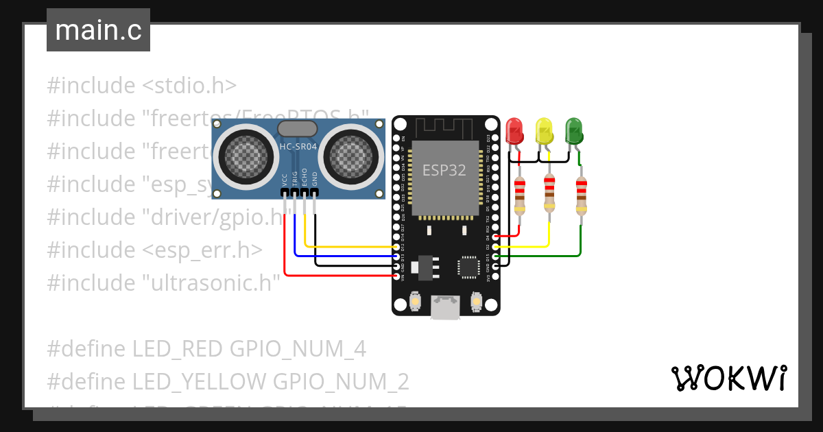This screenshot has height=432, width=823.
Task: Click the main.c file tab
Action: coord(98,31)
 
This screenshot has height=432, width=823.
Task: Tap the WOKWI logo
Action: coord(728,378)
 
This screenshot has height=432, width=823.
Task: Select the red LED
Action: coord(514,130)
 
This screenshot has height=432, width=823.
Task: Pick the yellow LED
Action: coord(544,130)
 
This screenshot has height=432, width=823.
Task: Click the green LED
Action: coord(573,130)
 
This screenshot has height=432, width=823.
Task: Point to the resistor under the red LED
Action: coord(520,194)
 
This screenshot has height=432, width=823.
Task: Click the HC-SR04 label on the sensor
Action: coord(298,147)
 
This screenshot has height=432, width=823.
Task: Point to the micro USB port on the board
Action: coord(445,307)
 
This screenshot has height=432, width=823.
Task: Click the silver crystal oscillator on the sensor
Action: coord(297,128)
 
